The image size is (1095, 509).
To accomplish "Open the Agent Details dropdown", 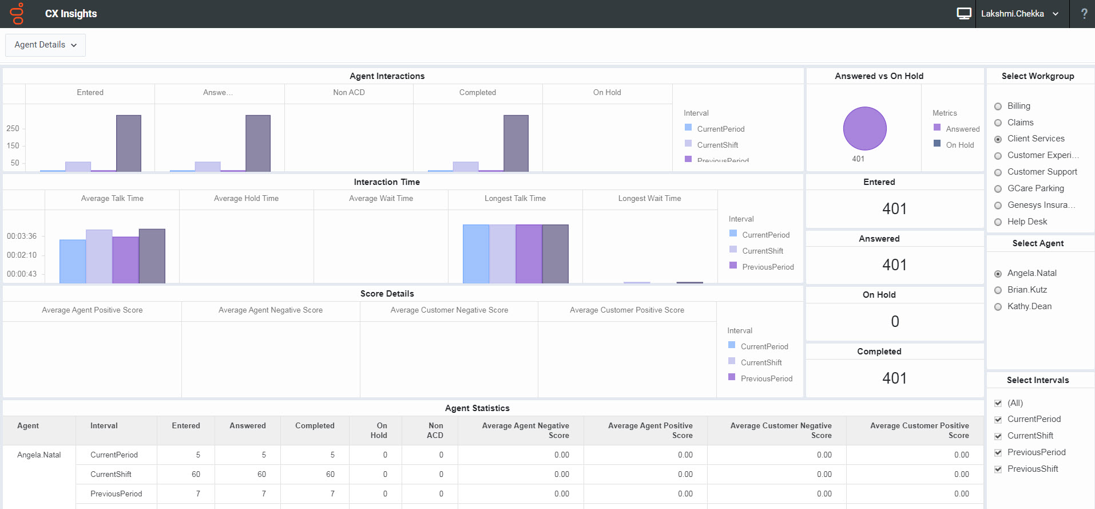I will (45, 45).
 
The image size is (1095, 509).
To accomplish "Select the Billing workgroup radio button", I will (998, 106).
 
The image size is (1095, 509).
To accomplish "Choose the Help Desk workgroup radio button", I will (998, 222).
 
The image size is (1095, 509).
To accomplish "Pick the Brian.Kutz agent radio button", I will (998, 290).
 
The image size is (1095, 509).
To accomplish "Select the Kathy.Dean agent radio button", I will (998, 307).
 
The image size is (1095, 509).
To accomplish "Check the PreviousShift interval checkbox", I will (998, 469).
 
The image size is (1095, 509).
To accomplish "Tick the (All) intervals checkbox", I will (998, 403).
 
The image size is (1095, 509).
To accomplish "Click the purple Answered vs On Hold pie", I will (864, 128).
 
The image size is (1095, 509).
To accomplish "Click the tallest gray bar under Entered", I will (129, 143).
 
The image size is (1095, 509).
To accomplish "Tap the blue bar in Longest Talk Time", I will (475, 254).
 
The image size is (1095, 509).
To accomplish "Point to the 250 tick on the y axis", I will (13, 128).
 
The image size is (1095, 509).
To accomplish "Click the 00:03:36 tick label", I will (22, 236).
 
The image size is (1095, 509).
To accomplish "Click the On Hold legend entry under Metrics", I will (959, 145).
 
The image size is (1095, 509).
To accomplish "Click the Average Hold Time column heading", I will (246, 199).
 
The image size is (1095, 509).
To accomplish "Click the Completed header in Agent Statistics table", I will (315, 425).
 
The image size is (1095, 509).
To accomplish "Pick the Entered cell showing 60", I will (196, 474).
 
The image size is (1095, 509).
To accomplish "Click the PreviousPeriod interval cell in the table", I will (116, 494).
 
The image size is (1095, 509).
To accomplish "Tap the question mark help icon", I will (1084, 14).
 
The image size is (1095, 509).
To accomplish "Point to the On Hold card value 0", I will (895, 322).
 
